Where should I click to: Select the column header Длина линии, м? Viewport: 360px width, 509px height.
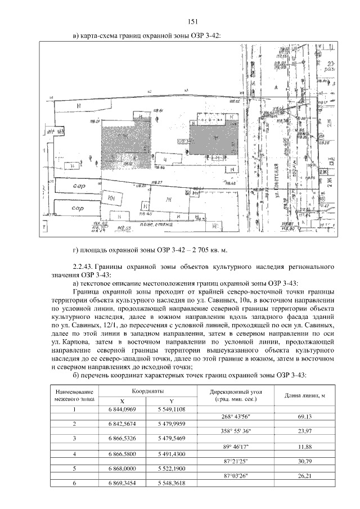304,395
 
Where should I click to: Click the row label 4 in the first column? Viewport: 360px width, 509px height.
74,453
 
